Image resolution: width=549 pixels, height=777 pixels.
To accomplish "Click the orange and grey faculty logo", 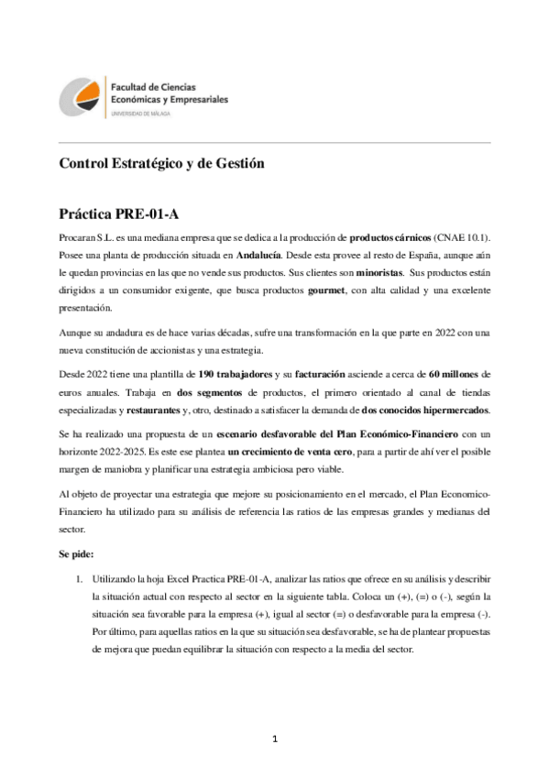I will pyautogui.click(x=81, y=95).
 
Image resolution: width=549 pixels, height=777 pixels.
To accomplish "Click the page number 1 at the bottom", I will pyautogui.click(x=274, y=738).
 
